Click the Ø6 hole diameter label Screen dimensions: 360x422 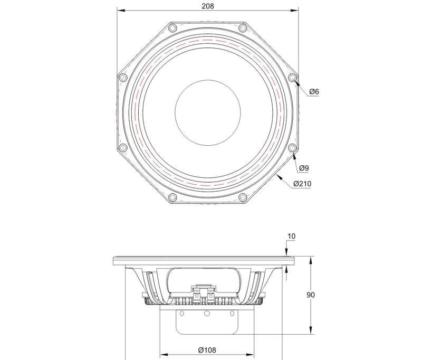pyautogui.click(x=314, y=92)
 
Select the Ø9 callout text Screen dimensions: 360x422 pyautogui.click(x=303, y=168)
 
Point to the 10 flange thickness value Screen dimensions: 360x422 pyautogui.click(x=291, y=236)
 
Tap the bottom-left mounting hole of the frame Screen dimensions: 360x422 pyautogui.click(x=172, y=197)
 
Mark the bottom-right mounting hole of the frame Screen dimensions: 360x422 pyautogui.click(x=243, y=197)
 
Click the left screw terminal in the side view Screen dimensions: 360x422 pyautogui.click(x=196, y=296)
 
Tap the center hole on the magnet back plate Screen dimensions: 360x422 pyautogui.click(x=207, y=314)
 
